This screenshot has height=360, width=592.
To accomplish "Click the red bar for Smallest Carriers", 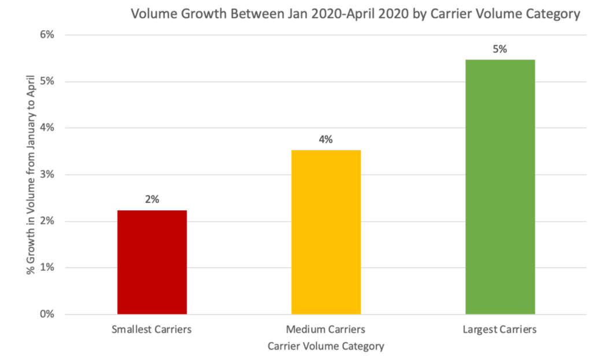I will pos(152,262).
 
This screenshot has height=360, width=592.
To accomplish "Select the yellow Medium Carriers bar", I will pos(326,232).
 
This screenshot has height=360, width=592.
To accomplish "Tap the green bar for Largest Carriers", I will pos(500,187).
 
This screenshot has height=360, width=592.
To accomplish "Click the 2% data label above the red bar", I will pos(152,199).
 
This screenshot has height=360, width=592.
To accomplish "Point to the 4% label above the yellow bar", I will pos(326,139).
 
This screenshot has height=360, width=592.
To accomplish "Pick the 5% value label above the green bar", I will pos(500,49).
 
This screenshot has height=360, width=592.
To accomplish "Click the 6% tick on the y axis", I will pos(46,35).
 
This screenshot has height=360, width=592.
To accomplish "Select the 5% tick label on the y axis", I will pos(46,81).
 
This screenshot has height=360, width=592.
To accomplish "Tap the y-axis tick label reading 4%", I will pos(46,128).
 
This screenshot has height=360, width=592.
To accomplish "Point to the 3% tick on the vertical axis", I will pos(46,175).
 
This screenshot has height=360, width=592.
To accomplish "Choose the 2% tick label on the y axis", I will pos(46,221).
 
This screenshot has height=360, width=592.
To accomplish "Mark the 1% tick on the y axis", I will pos(46,268).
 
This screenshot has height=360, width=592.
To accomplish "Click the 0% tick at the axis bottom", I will pos(46,314).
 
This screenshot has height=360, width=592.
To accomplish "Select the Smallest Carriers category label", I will pos(152,330).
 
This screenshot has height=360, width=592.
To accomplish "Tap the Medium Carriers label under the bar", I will pos(326,330).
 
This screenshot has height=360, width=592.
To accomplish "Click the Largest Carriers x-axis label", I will pos(500,330).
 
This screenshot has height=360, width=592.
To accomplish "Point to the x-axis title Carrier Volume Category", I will pos(326,346).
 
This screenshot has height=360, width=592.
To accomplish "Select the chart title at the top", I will pos(355,14).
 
